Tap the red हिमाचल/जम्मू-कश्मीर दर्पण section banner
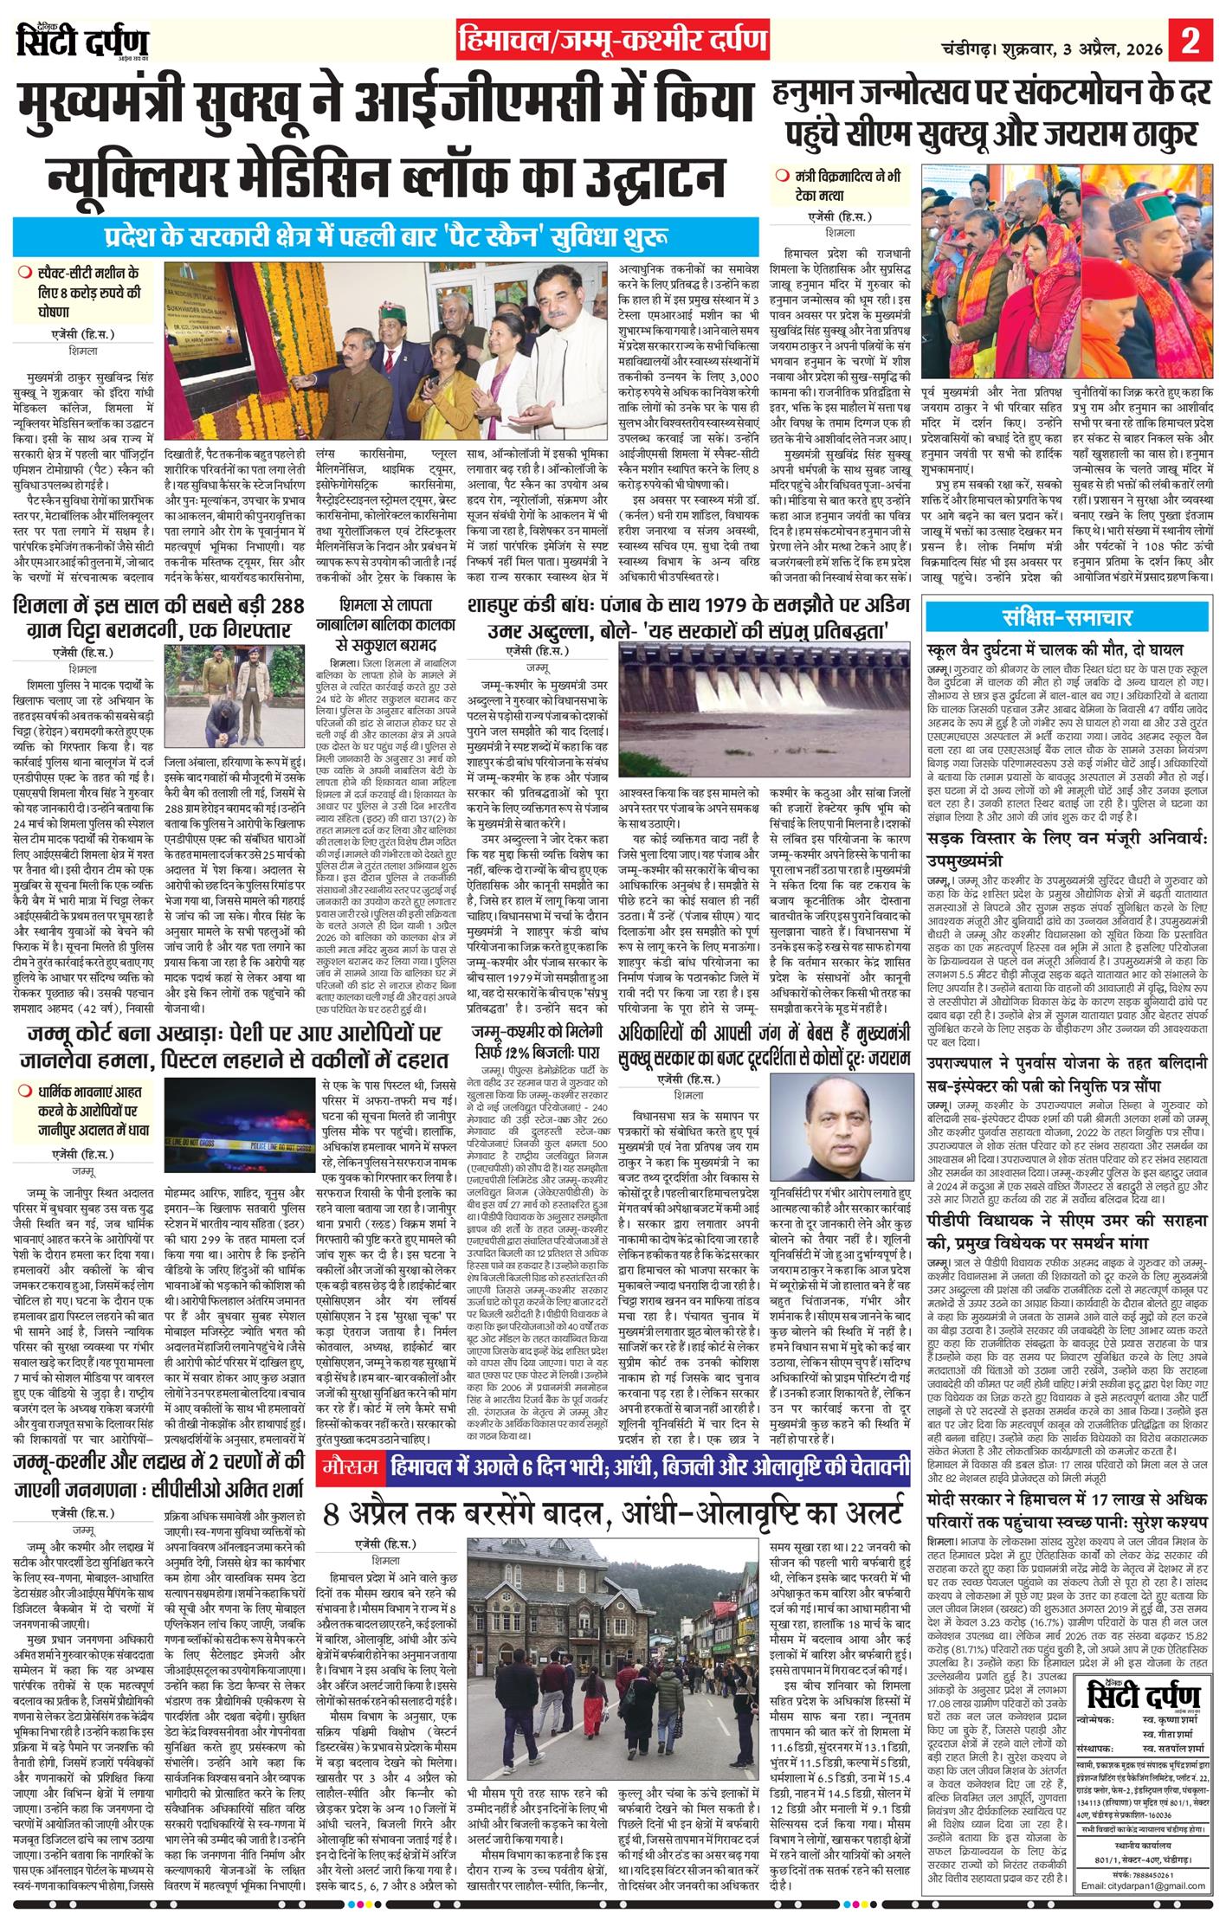[x=612, y=41]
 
